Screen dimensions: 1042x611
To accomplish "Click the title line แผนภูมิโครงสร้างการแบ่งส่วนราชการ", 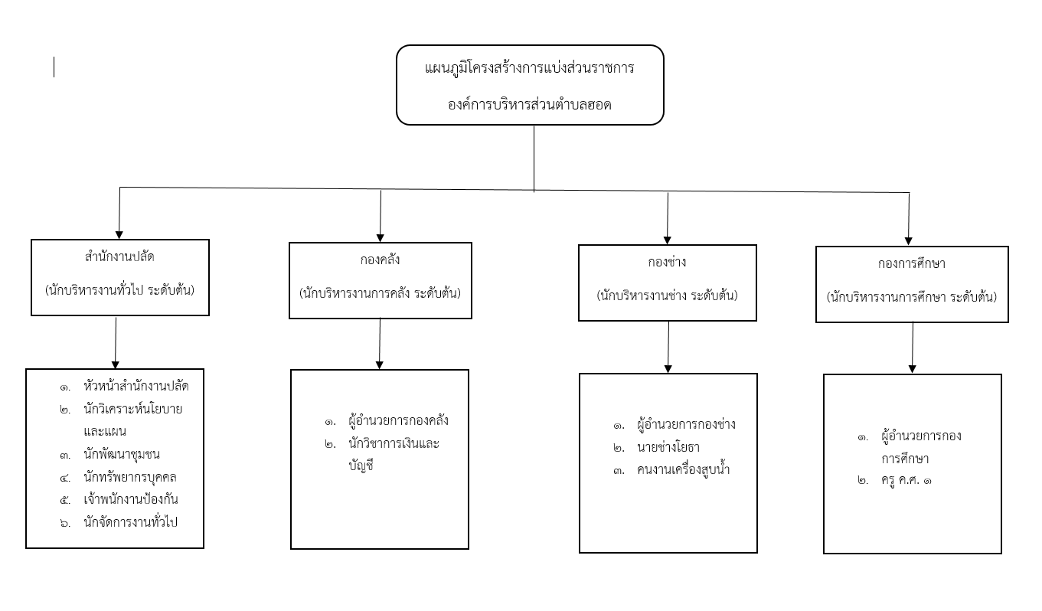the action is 529,69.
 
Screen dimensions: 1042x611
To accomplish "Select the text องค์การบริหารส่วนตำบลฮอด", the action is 529,105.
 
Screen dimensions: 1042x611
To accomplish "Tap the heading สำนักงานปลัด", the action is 119,256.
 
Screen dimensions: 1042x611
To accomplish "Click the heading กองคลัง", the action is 380,260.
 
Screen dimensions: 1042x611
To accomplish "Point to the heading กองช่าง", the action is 667,263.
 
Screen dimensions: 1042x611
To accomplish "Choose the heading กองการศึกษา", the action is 912,264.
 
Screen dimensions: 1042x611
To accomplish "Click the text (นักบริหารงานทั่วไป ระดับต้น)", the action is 119,290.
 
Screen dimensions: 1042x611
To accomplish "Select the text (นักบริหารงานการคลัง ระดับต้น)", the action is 380,293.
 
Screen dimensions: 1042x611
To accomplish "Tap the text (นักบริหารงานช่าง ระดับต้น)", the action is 667,296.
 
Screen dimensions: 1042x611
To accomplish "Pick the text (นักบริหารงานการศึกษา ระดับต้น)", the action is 912,297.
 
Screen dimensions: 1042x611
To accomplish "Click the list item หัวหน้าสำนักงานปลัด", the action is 136,386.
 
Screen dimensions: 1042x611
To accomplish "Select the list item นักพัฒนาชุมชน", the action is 122,454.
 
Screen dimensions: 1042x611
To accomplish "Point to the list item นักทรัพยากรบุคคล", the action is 130,477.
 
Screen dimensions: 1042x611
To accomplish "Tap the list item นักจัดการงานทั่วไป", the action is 131,522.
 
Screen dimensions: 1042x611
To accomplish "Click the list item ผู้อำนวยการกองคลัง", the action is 398,420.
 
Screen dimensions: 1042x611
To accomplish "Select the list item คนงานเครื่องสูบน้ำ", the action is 684,469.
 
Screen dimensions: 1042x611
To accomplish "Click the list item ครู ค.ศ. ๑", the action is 906,480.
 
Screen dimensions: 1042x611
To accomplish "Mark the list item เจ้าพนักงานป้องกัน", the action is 131,499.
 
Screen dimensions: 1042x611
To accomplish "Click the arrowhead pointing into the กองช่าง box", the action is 667,240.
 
